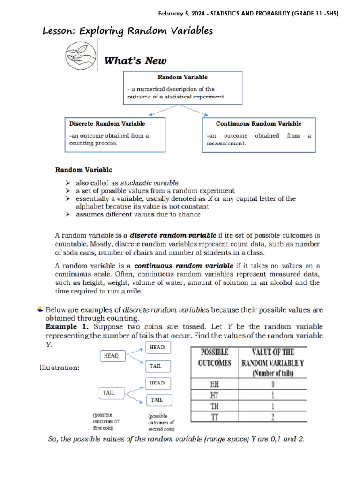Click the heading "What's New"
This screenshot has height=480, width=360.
click(x=135, y=61)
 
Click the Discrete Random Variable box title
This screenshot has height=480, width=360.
click(x=107, y=124)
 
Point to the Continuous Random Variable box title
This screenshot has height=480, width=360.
click(x=258, y=124)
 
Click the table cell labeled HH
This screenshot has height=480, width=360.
click(x=215, y=384)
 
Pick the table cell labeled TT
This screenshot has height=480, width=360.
click(x=215, y=416)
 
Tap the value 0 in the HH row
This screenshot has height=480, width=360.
click(x=273, y=384)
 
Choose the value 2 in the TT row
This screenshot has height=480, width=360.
click(x=273, y=416)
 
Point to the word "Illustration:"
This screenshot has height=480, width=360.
click(x=59, y=368)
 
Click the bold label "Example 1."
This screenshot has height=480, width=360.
click(x=68, y=326)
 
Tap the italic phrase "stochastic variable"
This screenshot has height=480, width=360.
click(x=150, y=182)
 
